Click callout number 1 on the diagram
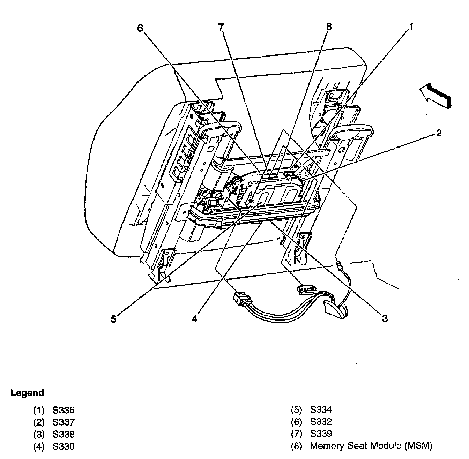[411, 27]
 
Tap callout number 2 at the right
[439, 133]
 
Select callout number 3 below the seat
[385, 318]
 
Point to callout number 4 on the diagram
[194, 319]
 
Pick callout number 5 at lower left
[113, 319]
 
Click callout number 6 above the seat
[140, 28]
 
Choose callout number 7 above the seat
[221, 27]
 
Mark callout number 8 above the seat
[329, 27]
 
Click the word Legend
[27, 393]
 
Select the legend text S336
[64, 410]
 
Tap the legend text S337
[64, 422]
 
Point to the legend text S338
[64, 434]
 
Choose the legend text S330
[64, 446]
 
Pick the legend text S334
[321, 410]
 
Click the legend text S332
[321, 422]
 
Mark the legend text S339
[321, 434]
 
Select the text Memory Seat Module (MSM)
[371, 446]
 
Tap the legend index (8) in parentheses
[296, 446]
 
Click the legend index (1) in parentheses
[39, 410]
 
